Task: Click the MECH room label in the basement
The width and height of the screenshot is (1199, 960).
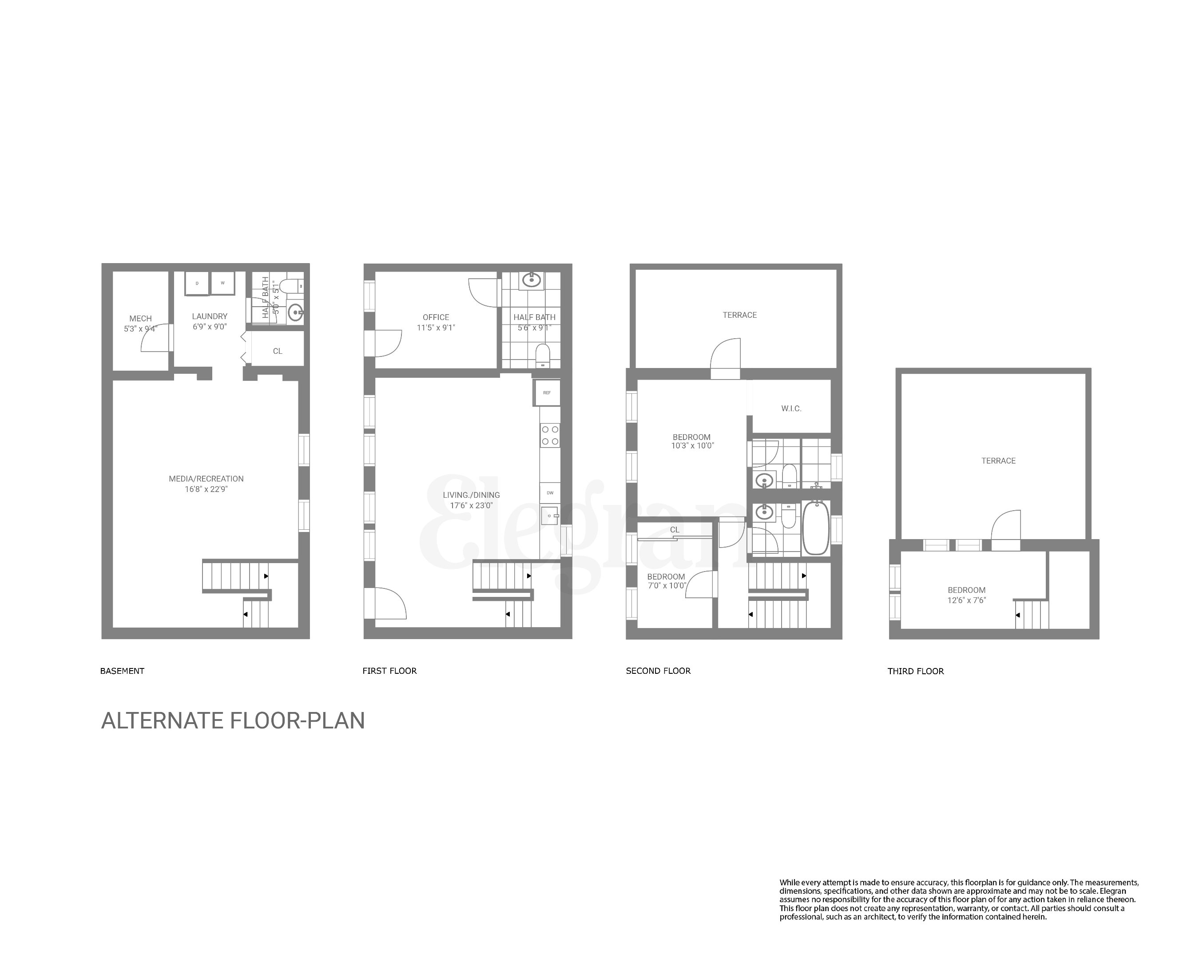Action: [x=140, y=319]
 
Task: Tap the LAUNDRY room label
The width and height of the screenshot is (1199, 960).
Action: [x=210, y=316]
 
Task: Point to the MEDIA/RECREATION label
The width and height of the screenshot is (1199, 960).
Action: [x=206, y=479]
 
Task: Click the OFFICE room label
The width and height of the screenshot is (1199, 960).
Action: [x=436, y=318]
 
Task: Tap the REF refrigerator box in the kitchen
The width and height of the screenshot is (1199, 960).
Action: [x=547, y=393]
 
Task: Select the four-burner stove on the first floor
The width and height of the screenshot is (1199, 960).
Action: [x=550, y=436]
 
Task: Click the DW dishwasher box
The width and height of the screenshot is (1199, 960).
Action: [x=550, y=493]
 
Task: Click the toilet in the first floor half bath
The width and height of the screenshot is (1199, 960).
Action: [x=542, y=355]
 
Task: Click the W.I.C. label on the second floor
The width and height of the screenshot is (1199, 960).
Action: [x=791, y=409]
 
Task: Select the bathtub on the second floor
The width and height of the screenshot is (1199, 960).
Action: [x=816, y=528]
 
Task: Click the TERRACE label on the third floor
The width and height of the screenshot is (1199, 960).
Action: [x=998, y=461]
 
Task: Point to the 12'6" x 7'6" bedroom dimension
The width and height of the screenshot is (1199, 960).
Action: [x=967, y=600]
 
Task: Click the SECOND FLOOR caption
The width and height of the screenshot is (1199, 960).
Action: [x=658, y=671]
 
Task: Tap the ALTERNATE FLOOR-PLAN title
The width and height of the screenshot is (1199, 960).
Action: [x=233, y=721]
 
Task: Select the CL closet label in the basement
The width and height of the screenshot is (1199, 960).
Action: [x=278, y=352]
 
